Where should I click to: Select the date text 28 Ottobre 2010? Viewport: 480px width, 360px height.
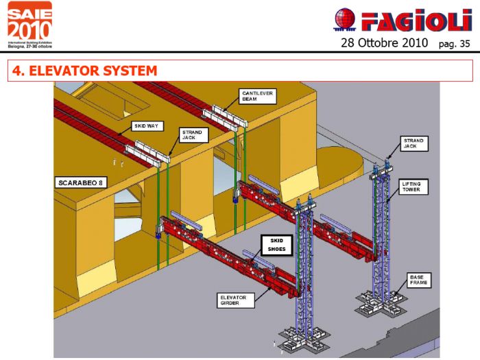(x=383, y=43)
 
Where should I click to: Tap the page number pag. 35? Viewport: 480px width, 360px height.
(x=455, y=44)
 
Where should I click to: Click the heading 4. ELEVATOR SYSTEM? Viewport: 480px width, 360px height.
(x=82, y=71)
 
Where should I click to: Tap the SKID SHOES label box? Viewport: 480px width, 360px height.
(x=276, y=244)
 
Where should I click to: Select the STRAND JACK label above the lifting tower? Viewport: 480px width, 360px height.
(x=414, y=143)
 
